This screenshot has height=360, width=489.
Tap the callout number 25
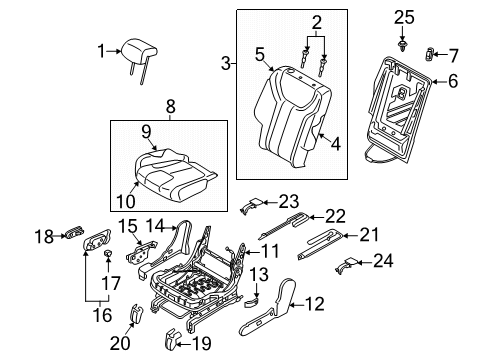tap(404, 17)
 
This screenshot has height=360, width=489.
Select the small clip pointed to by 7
tap(429, 54)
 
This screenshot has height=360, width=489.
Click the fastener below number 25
tap(403, 46)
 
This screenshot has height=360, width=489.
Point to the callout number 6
tap(453, 81)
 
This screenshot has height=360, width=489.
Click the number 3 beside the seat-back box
tap(226, 63)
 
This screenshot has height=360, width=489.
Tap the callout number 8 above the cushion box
tap(170, 107)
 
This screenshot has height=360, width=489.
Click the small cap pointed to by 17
tap(107, 253)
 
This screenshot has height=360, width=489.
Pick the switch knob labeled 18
tap(75, 232)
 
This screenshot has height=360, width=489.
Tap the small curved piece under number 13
tap(251, 303)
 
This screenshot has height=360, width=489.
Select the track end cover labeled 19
tap(171, 340)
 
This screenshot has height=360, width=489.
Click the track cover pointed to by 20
tap(136, 314)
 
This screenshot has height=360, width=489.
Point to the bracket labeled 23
tap(251, 204)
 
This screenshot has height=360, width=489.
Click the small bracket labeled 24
tap(347, 266)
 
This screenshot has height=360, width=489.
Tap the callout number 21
tap(369, 235)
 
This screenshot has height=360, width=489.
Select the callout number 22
tap(335, 217)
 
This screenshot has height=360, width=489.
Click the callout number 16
tap(103, 315)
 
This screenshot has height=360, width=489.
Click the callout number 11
tap(269, 251)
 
